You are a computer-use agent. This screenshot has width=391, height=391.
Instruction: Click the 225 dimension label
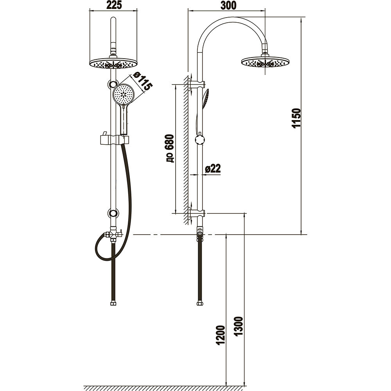[114, 5]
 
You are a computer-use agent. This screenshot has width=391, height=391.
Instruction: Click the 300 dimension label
[228, 5]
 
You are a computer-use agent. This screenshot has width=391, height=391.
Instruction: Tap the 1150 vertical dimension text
[296, 118]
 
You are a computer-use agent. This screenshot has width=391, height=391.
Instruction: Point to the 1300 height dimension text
[239, 326]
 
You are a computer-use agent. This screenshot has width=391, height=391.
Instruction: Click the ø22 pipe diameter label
[213, 169]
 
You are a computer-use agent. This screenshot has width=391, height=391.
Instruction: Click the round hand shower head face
[124, 94]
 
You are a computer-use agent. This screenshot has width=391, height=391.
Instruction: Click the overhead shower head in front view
[113, 63]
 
